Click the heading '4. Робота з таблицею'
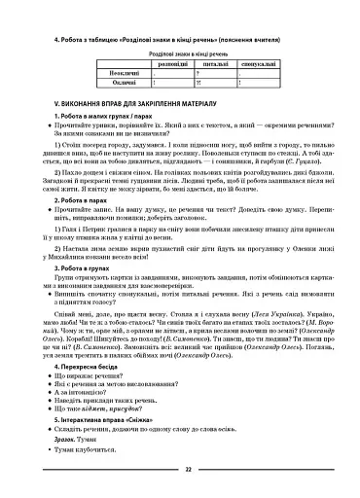(97, 39)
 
